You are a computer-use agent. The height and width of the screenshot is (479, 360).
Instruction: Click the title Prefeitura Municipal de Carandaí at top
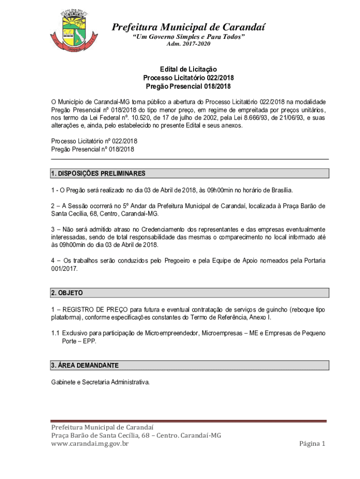coord(188,27)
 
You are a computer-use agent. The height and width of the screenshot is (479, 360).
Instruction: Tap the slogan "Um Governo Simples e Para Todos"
coord(188,36)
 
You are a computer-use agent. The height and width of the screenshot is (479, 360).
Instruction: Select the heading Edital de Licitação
coord(188,69)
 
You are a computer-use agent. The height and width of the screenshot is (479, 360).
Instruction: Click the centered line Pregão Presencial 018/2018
coord(188,87)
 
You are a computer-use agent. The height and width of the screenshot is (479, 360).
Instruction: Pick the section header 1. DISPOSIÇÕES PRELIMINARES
coord(98,174)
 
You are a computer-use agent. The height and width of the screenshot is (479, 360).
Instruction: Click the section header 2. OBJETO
coord(67,293)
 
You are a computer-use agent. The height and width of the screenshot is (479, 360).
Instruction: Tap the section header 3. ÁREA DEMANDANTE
coord(85,365)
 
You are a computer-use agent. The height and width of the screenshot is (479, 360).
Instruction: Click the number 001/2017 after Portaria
coord(65,269)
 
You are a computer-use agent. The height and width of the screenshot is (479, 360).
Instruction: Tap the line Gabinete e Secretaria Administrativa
coord(101,382)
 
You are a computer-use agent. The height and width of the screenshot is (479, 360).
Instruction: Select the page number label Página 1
coord(312,443)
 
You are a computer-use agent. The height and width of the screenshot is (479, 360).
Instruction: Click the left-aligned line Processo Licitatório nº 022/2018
coord(94,141)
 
